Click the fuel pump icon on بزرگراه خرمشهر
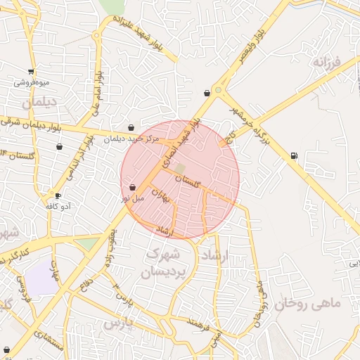[293, 155]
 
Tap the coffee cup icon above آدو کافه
[58, 195]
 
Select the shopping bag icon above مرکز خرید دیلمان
[131, 128]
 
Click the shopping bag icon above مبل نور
[133, 187]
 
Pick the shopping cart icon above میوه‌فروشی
[31, 71]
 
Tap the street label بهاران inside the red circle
[161, 195]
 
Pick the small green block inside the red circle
[180, 169]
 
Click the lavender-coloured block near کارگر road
[44, 278]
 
